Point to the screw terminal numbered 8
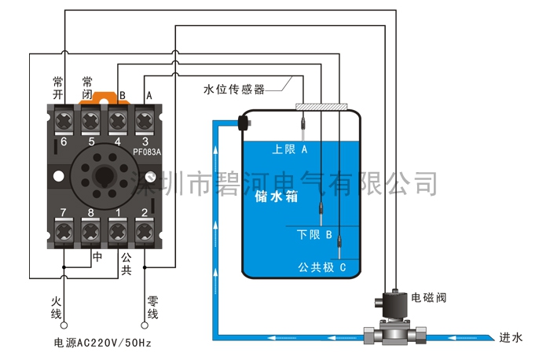click(91, 233)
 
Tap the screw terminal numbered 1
click(118, 233)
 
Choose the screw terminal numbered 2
click(145, 233)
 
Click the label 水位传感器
click(234, 88)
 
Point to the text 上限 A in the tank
click(288, 149)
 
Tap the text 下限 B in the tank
click(316, 234)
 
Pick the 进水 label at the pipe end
click(511, 337)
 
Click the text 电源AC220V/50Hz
click(102, 343)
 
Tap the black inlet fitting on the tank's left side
click(243, 123)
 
